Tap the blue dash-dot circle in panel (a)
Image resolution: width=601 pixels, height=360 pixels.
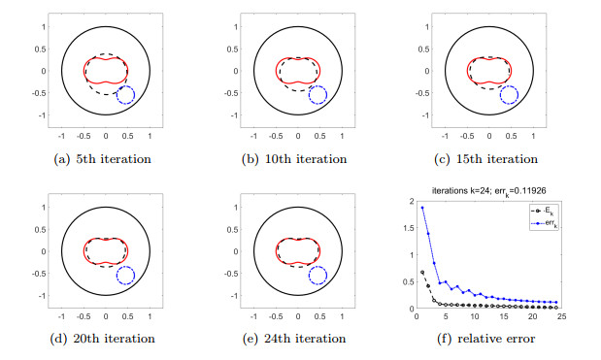point(125,95)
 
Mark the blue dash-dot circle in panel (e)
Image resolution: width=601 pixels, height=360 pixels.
point(317,276)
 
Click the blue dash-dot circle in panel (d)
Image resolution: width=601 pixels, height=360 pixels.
point(125,276)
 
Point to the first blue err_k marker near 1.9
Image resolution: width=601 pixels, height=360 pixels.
point(421,207)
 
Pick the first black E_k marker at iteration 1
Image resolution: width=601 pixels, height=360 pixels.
point(421,272)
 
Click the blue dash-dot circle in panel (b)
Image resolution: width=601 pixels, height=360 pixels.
point(317,95)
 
